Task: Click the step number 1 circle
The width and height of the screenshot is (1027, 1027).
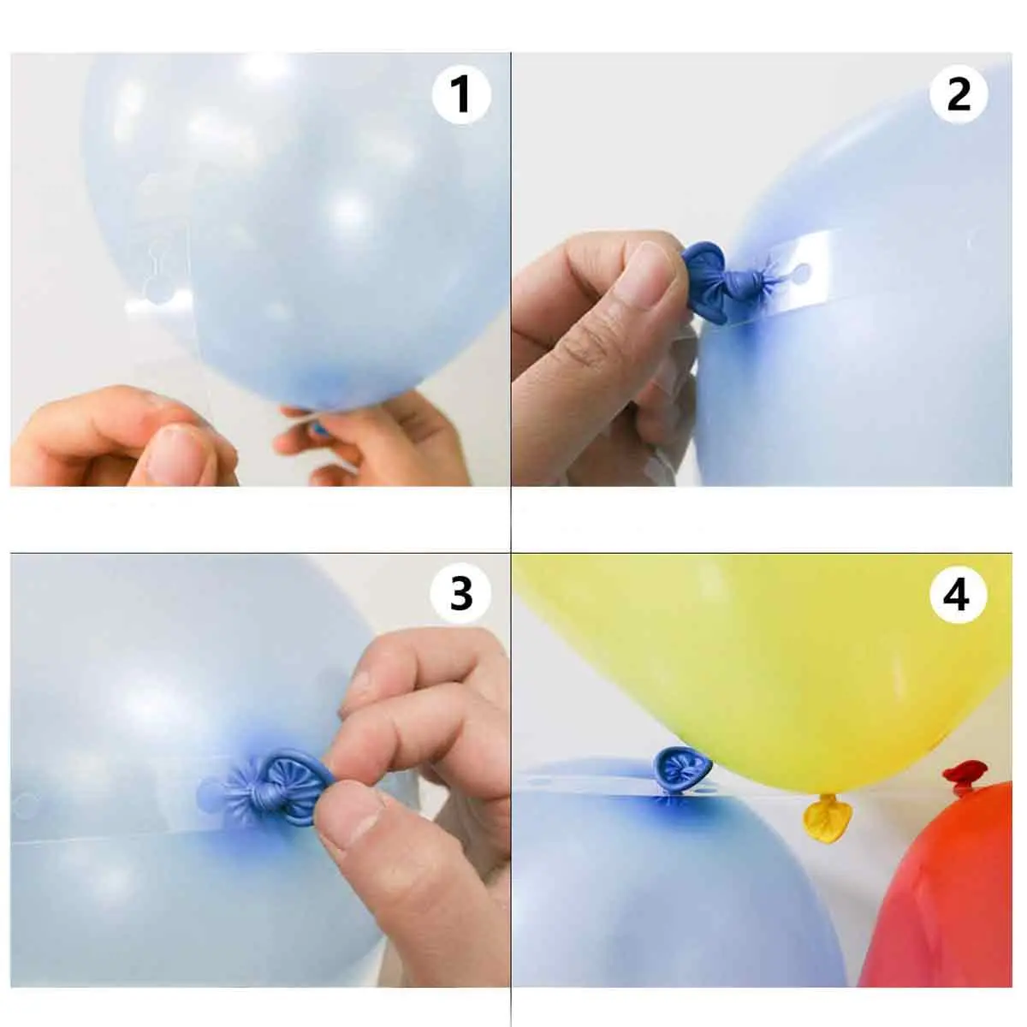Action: tap(461, 95)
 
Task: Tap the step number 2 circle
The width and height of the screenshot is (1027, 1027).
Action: tap(959, 95)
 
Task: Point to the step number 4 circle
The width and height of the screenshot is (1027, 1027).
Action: tap(959, 596)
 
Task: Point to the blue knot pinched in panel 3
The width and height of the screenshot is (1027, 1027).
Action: tap(277, 787)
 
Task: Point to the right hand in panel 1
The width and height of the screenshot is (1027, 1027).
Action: tap(373, 442)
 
